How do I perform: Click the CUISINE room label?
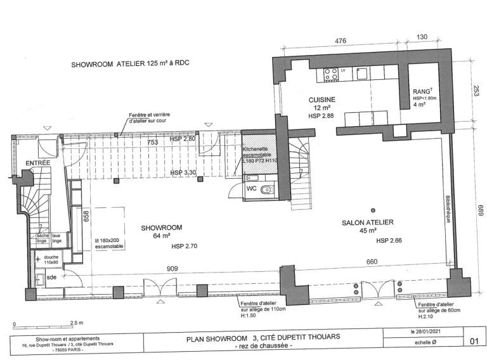[321, 100]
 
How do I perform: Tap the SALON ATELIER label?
[368, 222]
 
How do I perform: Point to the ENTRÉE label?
[37, 164]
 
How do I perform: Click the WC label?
[252, 188]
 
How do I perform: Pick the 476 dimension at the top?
[341, 41]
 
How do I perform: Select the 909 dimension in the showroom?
[154, 268]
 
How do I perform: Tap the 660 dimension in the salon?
[372, 262]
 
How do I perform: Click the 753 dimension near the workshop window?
[152, 143]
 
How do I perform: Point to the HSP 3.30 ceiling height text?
[183, 172]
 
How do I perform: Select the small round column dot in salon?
[373, 210]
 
